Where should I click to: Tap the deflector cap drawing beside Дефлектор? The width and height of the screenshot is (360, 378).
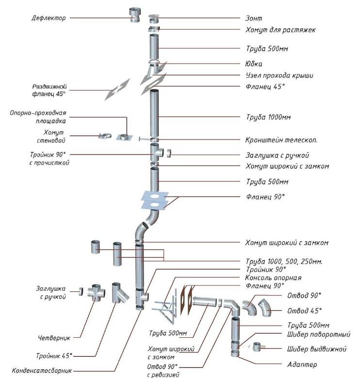click(x=134, y=16)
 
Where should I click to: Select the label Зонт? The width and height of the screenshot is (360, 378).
click(x=254, y=18)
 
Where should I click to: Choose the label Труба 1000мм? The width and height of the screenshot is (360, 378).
click(x=268, y=117)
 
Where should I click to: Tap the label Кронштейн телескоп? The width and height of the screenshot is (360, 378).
click(x=282, y=140)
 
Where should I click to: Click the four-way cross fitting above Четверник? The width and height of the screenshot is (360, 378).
click(x=98, y=294)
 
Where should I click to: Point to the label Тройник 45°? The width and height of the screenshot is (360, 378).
click(x=54, y=355)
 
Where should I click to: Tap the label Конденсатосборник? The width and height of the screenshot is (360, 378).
click(x=42, y=371)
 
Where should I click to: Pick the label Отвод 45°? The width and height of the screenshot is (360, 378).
click(x=304, y=310)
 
